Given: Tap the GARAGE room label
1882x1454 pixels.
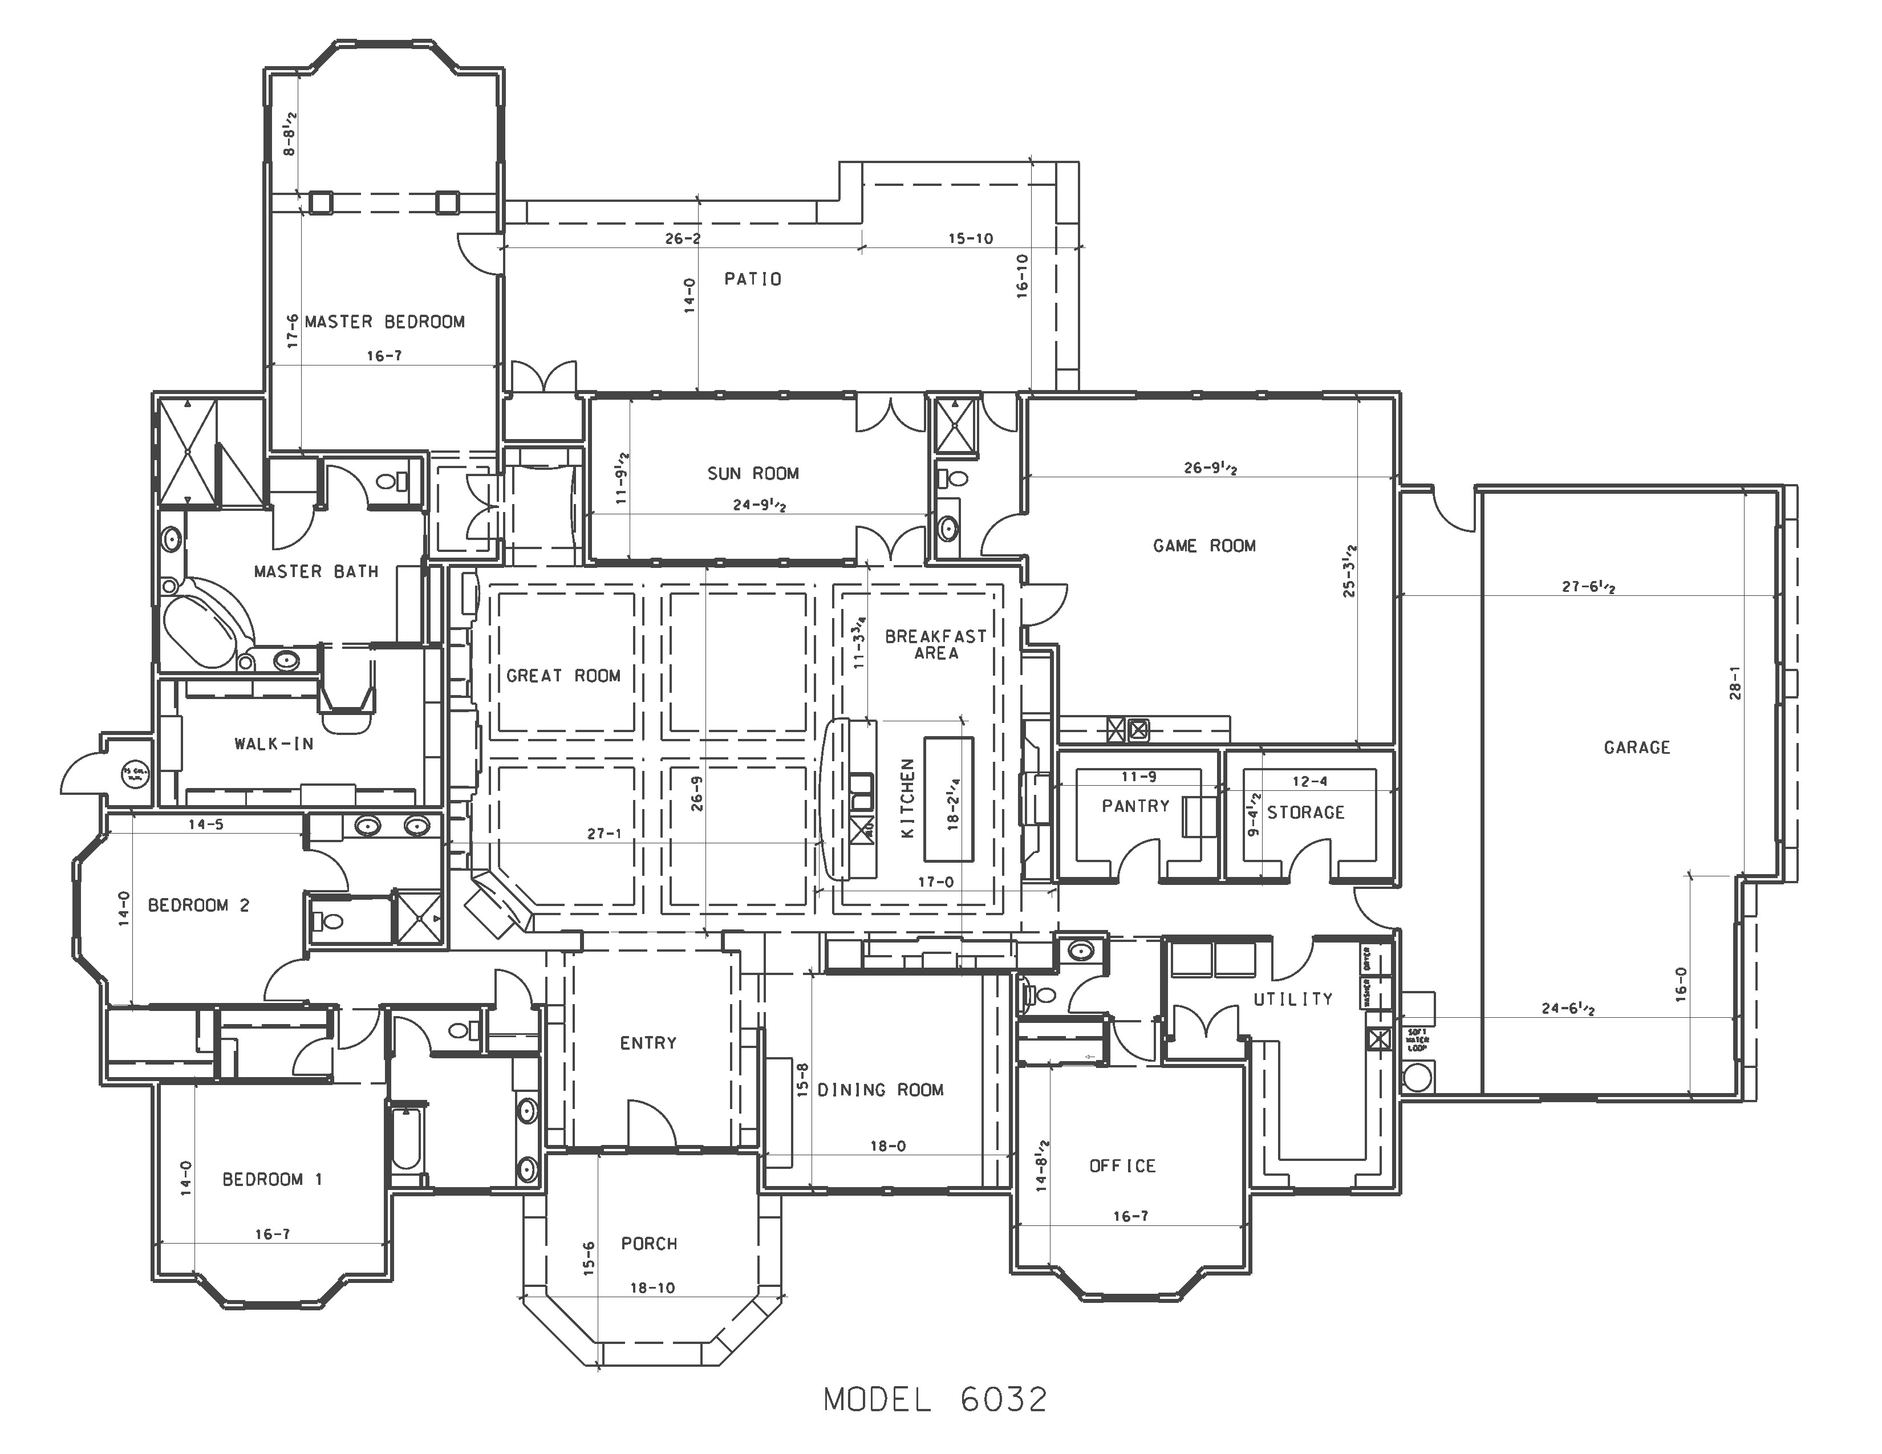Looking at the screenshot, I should (x=1636, y=748).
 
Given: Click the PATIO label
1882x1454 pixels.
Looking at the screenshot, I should (x=752, y=279).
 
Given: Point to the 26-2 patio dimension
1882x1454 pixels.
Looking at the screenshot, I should (x=683, y=238).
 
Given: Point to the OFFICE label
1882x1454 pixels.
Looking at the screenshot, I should (x=1122, y=1165).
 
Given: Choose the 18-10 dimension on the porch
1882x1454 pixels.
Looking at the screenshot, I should (x=652, y=1288).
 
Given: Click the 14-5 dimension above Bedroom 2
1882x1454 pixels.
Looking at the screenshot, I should (x=206, y=825).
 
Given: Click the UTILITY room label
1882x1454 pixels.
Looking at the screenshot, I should (x=1292, y=999).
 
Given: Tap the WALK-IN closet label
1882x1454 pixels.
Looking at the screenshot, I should (x=273, y=744).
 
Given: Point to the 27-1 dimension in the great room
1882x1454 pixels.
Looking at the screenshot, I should (x=604, y=833).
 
